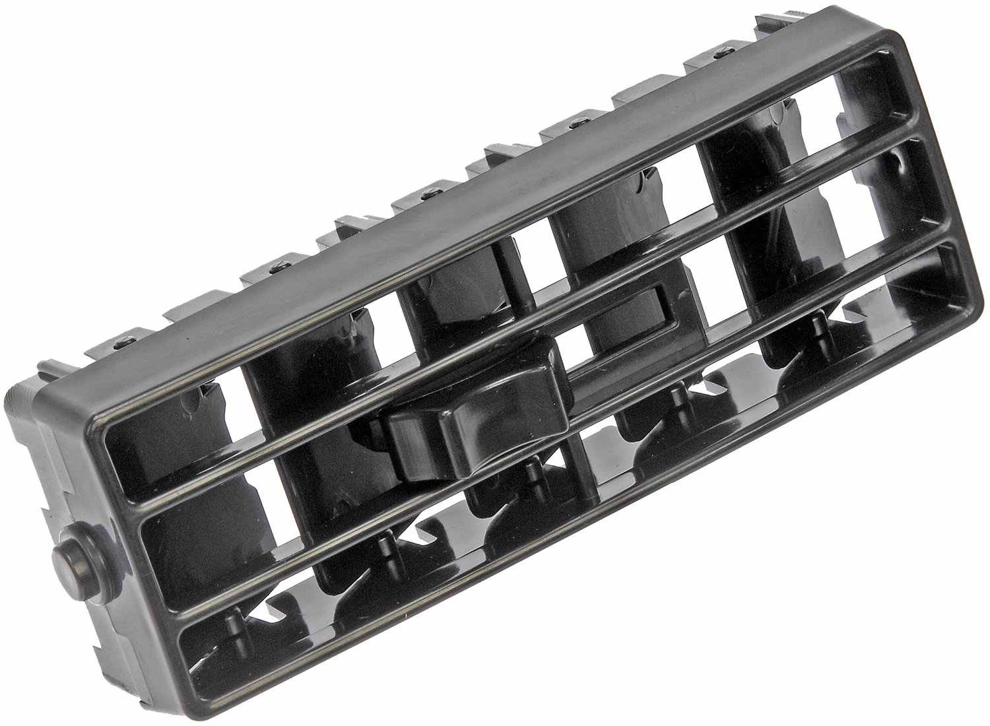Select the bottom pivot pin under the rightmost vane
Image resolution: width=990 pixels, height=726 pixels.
818,323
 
